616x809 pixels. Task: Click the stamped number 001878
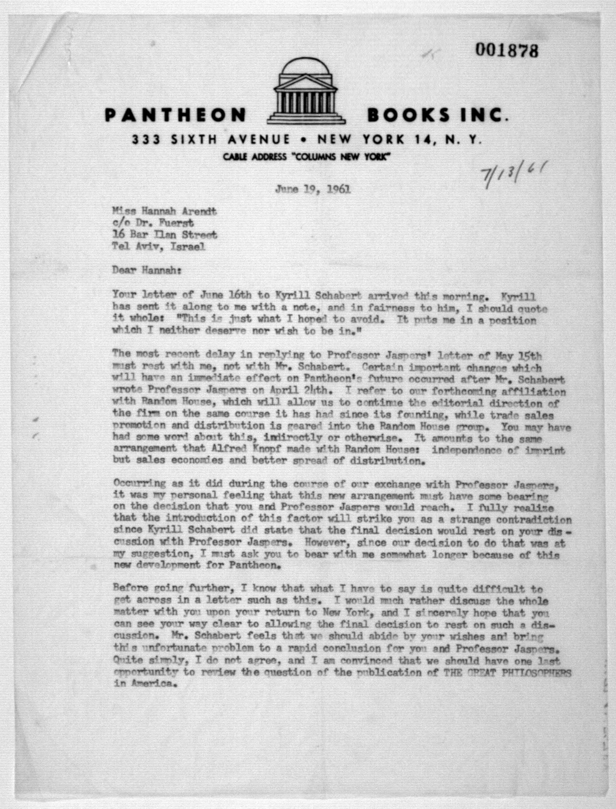(x=507, y=50)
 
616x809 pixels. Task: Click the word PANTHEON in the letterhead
(x=175, y=115)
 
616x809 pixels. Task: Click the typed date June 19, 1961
(x=313, y=189)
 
